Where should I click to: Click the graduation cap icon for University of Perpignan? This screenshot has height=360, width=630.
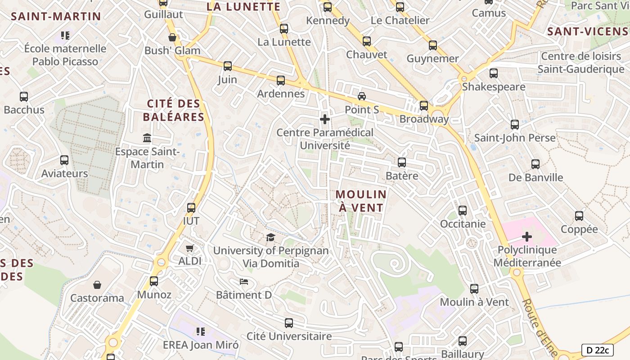[270, 237]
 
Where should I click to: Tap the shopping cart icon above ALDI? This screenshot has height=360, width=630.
[190, 248]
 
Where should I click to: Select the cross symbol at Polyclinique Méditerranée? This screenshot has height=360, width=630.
[527, 236]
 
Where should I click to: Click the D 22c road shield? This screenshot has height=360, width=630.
[598, 350]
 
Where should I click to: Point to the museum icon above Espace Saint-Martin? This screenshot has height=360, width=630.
[147, 138]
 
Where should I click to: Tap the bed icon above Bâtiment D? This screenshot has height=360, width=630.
[244, 282]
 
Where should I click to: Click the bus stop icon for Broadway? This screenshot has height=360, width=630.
[424, 106]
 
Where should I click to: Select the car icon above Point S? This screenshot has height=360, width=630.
[362, 96]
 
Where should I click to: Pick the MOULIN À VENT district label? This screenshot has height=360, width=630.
[361, 201]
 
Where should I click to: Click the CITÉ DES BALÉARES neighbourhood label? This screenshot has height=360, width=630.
[174, 110]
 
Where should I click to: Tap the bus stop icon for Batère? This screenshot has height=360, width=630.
[402, 162]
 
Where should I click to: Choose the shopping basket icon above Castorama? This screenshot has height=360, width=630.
[97, 285]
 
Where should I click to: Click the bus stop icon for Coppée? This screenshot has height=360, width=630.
[579, 216]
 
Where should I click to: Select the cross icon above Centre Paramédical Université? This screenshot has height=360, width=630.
[325, 119]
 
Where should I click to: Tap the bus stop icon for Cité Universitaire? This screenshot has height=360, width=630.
[289, 323]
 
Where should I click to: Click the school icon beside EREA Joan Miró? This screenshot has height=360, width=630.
[201, 332]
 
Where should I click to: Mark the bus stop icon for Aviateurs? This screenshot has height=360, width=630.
[64, 160]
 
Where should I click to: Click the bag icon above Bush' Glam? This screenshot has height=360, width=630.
[172, 37]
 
